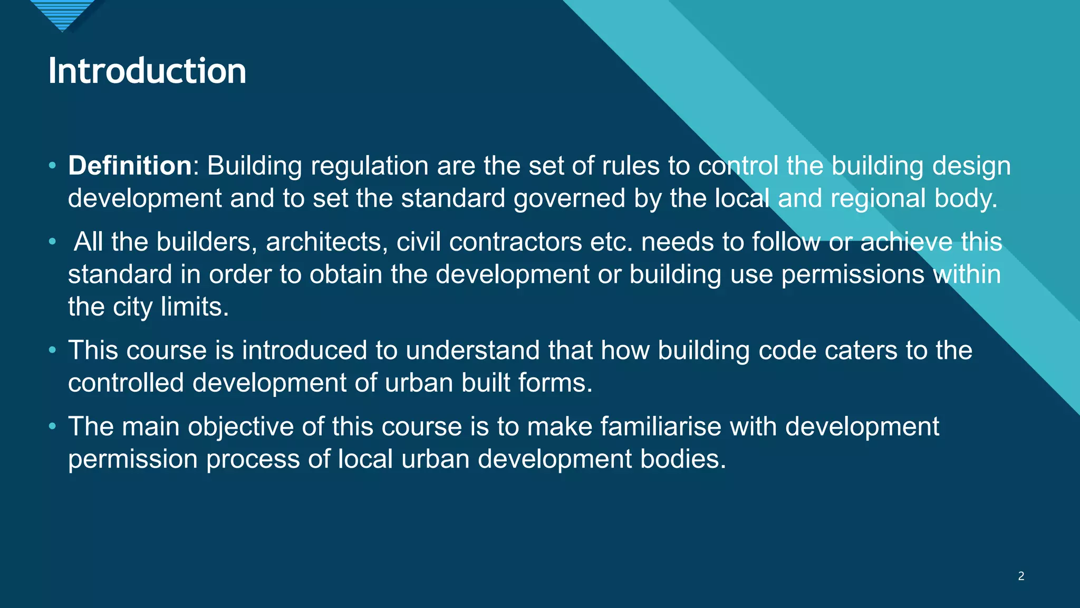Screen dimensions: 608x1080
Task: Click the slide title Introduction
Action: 147,71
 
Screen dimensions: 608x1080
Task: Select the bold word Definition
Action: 130,166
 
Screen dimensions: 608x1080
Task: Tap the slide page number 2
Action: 1021,576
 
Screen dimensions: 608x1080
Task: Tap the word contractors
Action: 516,242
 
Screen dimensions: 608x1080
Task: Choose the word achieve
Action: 907,242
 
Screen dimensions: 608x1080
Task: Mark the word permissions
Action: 853,274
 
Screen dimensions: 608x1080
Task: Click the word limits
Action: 195,307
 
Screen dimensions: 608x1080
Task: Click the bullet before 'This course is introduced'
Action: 52,350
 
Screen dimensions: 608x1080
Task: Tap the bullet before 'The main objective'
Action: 52,426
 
